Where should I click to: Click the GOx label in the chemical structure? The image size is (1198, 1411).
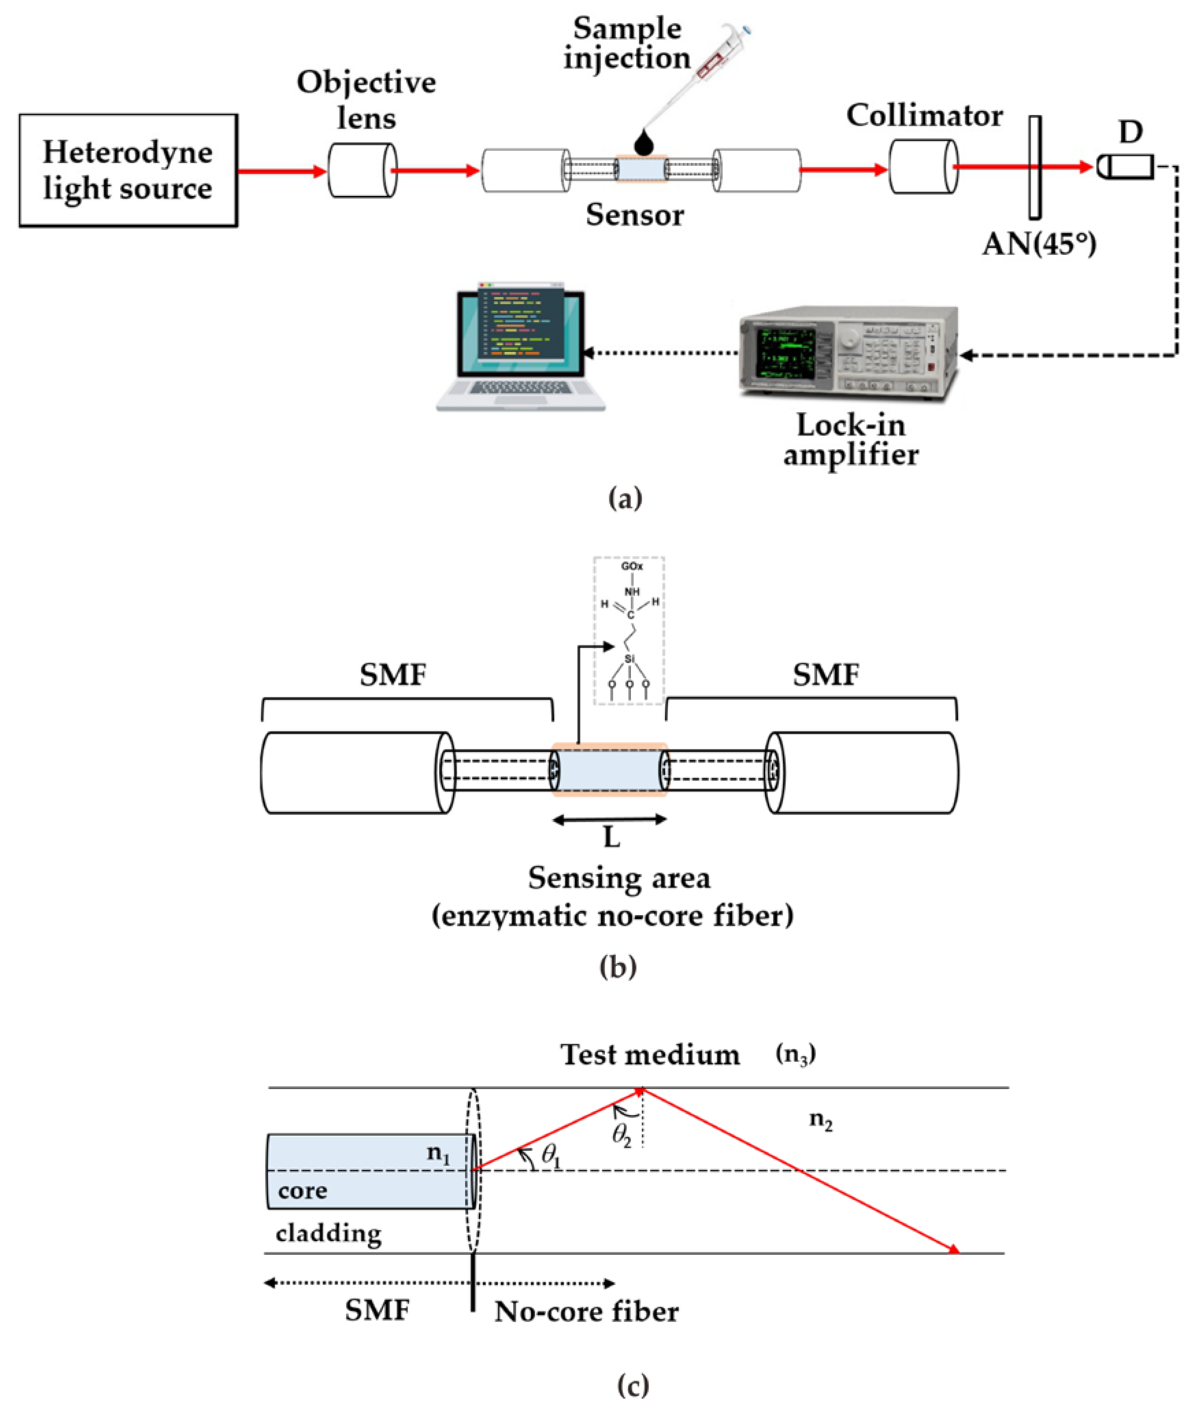tap(632, 566)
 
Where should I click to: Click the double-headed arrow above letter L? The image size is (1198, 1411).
tap(609, 820)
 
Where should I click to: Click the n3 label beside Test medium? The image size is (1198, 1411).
tap(795, 1054)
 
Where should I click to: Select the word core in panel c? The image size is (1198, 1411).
tap(303, 1190)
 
